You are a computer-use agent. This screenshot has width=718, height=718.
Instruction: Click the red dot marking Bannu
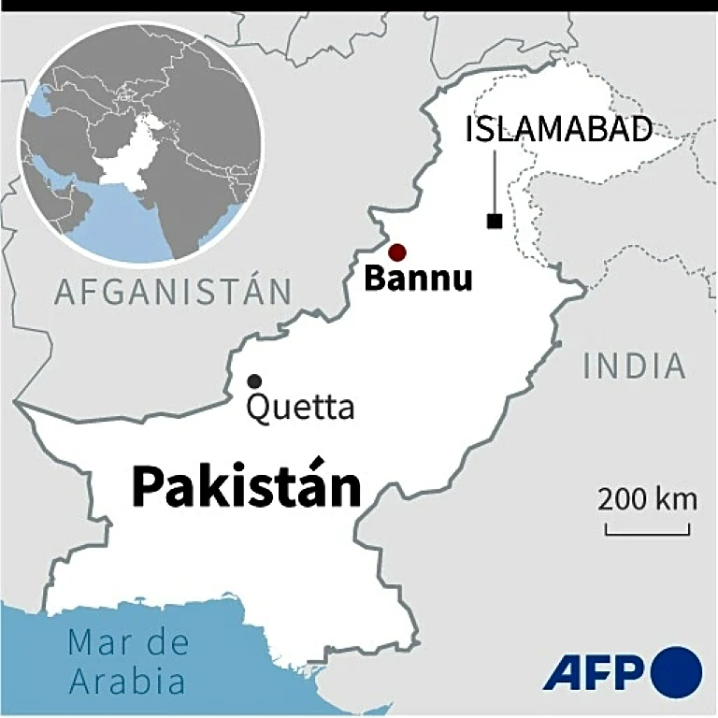coord(397,251)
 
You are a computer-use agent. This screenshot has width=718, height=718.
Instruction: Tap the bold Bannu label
coord(418,279)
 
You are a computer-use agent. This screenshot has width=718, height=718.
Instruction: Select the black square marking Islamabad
coord(494,221)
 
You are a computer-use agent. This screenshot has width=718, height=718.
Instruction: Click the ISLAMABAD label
coord(559,130)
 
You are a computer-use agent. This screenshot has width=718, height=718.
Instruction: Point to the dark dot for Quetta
coord(253,381)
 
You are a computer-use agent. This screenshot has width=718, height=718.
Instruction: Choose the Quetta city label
coord(300,409)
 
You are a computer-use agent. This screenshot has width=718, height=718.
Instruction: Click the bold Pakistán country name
coord(246,486)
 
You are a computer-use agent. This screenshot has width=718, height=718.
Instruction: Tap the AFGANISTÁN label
coord(173,292)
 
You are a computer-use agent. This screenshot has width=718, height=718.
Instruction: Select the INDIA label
coord(635,366)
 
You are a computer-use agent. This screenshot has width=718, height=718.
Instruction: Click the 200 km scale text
coord(648,499)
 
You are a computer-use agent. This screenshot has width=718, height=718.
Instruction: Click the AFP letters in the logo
coord(594,673)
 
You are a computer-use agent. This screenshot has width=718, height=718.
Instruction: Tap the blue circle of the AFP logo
coord(676,673)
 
